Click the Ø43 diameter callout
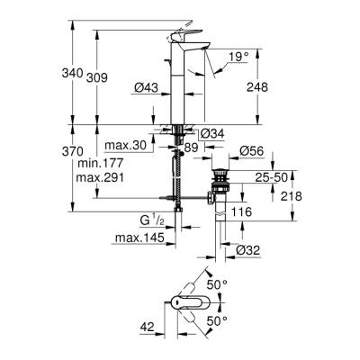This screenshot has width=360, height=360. click(146, 86)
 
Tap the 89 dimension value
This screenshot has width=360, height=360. click(190, 146)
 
